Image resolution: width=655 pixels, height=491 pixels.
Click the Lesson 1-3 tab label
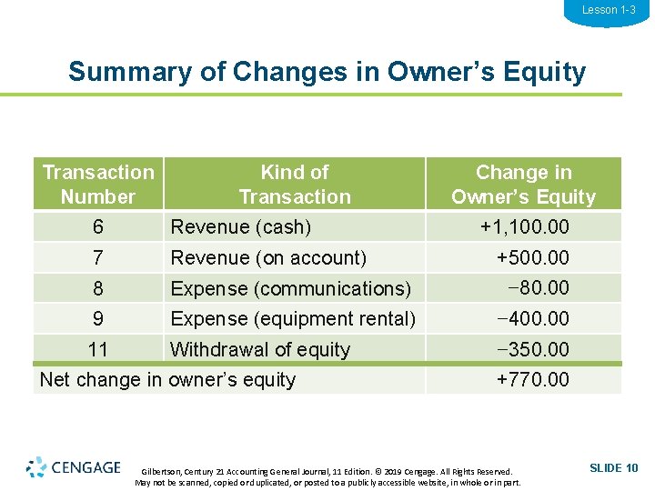[x=608, y=10]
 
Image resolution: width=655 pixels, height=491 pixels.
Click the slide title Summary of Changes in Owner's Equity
[x=327, y=71]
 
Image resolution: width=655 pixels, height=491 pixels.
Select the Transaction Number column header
[x=98, y=184]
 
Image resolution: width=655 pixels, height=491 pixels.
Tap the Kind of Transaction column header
[x=294, y=184]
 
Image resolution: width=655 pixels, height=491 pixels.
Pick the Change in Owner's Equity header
[x=523, y=184]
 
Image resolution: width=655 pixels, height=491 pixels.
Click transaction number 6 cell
[x=97, y=227]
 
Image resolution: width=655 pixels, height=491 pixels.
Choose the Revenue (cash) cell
[x=241, y=227]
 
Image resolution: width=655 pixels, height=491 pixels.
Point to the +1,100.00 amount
[x=524, y=226]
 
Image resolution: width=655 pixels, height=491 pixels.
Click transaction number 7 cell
[x=97, y=258]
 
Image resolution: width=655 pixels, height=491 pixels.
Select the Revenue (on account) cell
[x=268, y=258]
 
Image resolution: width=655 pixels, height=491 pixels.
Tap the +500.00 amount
[x=532, y=257]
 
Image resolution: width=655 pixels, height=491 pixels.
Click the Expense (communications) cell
[x=290, y=289]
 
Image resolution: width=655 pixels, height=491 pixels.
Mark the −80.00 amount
[x=539, y=288]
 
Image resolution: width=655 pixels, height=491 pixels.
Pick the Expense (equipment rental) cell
[x=293, y=319]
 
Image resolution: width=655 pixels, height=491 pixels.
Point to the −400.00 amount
[x=532, y=319]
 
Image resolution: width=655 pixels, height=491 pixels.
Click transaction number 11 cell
[x=97, y=350]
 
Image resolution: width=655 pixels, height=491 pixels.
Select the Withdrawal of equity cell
[x=260, y=350]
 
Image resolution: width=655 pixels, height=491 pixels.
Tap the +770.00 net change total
[x=532, y=379]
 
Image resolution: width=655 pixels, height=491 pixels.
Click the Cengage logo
[x=74, y=467]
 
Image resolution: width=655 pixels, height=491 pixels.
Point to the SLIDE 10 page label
[x=614, y=468]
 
